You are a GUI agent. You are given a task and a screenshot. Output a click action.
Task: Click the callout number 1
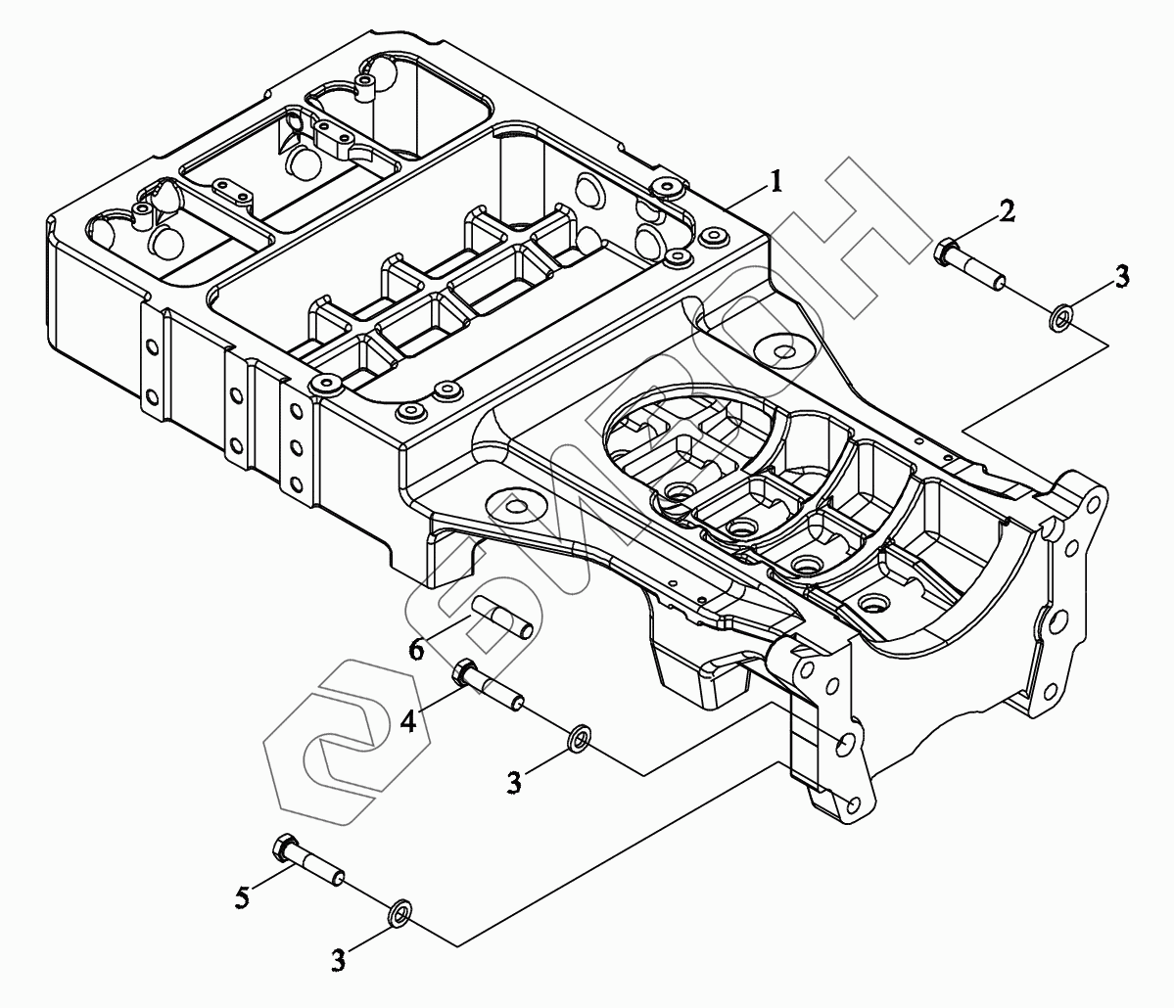(775, 181)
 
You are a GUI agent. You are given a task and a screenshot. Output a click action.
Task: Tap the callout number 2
(1008, 211)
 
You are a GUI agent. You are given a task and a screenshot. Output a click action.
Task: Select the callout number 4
(408, 721)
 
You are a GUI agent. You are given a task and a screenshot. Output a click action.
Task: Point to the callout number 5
(242, 897)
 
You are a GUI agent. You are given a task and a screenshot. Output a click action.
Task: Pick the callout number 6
(416, 650)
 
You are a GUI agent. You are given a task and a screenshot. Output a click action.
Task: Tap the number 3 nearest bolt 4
(514, 783)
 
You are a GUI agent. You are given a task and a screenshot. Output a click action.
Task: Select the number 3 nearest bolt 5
(339, 959)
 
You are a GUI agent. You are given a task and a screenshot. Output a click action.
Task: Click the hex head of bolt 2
(945, 250)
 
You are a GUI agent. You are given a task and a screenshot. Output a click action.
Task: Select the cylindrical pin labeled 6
(502, 618)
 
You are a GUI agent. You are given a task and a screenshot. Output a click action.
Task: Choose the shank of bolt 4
(498, 690)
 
